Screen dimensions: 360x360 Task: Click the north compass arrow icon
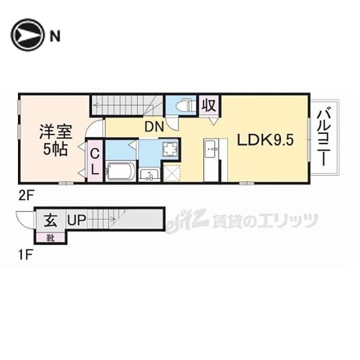pos(27,35)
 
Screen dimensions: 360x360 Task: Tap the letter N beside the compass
pos(55,36)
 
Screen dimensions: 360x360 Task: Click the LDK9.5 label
pos(265,140)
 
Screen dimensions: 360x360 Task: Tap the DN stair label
pos(154,127)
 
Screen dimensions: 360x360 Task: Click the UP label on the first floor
pos(77,220)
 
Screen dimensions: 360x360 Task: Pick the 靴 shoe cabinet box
pos(50,238)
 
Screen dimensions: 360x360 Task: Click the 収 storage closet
pos(209,106)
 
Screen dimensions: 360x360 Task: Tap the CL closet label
pos(95,161)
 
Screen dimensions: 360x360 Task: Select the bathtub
pos(121,171)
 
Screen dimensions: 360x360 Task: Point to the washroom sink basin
pos(149,174)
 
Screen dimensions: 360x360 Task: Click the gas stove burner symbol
pos(170,150)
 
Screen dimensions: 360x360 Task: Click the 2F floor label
pos(26,196)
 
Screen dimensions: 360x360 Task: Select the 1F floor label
pos(25,255)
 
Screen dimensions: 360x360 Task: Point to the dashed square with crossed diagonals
pos(171,173)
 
